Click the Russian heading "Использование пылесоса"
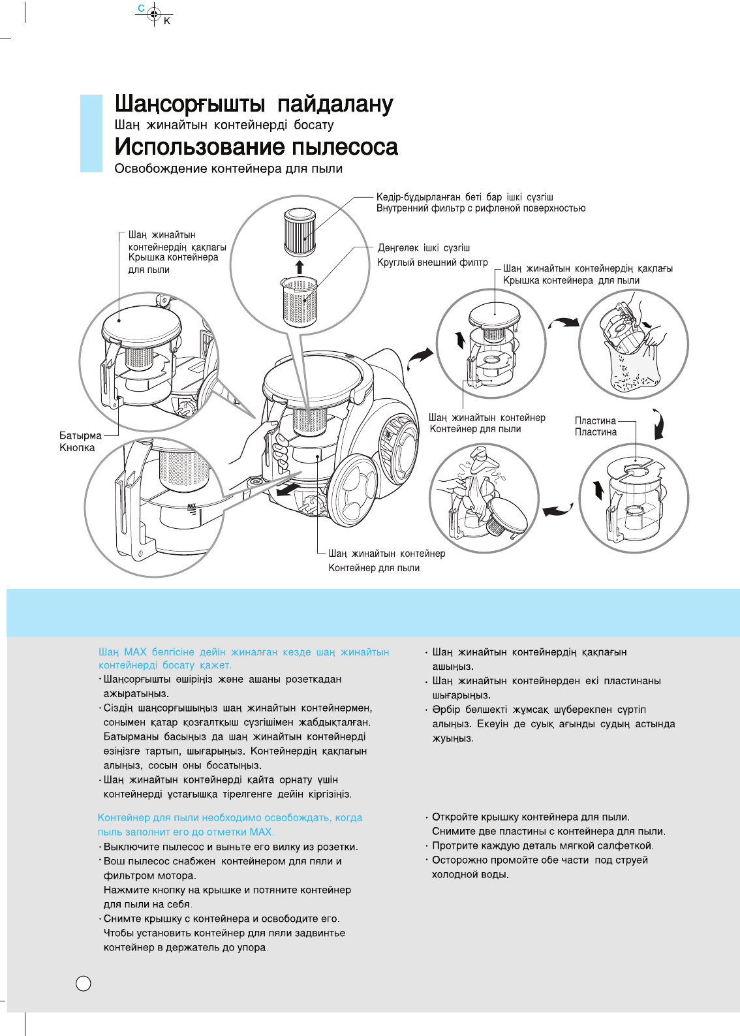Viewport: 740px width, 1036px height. pyautogui.click(x=256, y=147)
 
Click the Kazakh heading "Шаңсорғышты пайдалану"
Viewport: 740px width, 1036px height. pyautogui.click(x=254, y=104)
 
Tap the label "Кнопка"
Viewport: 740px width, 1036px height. pyautogui.click(x=77, y=448)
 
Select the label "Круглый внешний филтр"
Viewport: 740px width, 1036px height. pyautogui.click(x=432, y=262)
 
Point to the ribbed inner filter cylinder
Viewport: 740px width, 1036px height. pyautogui.click(x=300, y=232)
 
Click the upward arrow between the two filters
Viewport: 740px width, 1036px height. pyautogui.click(x=300, y=266)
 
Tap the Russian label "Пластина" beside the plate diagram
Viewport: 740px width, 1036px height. pyautogui.click(x=595, y=432)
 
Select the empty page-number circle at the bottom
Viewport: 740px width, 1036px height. pyautogui.click(x=84, y=983)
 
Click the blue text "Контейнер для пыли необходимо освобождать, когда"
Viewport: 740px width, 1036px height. pyautogui.click(x=230, y=817)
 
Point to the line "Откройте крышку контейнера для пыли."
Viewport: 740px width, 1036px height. pyautogui.click(x=531, y=817)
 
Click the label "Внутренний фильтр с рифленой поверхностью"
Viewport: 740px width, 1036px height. pyautogui.click(x=481, y=208)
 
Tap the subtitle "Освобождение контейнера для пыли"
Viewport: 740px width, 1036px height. pyautogui.click(x=228, y=168)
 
